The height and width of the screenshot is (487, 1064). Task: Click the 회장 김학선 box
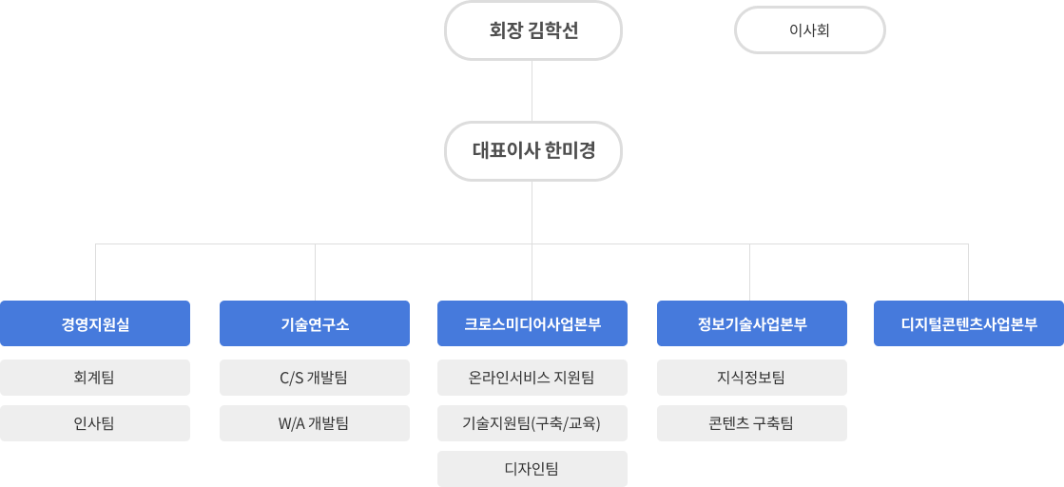click(x=532, y=30)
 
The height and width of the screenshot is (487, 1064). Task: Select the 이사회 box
click(x=809, y=30)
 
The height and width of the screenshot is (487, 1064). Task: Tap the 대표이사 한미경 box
click(x=532, y=151)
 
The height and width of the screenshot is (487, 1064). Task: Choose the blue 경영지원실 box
click(x=95, y=323)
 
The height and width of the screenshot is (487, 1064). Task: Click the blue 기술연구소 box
click(x=315, y=323)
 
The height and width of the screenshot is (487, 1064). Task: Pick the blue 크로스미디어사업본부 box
click(x=532, y=323)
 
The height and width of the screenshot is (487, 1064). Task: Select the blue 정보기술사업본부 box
click(x=752, y=323)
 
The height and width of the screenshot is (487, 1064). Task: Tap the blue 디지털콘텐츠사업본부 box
click(x=969, y=323)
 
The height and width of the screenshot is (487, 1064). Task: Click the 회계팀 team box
click(x=95, y=378)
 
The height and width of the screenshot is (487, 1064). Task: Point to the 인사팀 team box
click(x=95, y=423)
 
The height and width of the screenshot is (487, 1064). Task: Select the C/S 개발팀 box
click(x=315, y=378)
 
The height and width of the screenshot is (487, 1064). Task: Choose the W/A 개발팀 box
click(x=315, y=423)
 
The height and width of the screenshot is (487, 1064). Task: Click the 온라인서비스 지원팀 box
click(x=532, y=378)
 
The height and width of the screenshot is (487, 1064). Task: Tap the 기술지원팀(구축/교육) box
click(x=532, y=423)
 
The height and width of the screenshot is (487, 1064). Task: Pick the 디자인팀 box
click(x=532, y=469)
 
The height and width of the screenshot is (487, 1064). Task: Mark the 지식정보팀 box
click(x=752, y=378)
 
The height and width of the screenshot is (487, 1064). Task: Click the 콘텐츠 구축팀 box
click(x=752, y=423)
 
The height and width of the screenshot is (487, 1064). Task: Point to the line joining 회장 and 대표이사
click(x=532, y=91)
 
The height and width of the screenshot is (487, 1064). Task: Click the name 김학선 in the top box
click(x=552, y=31)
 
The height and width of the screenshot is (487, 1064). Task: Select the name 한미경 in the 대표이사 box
click(x=570, y=151)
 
